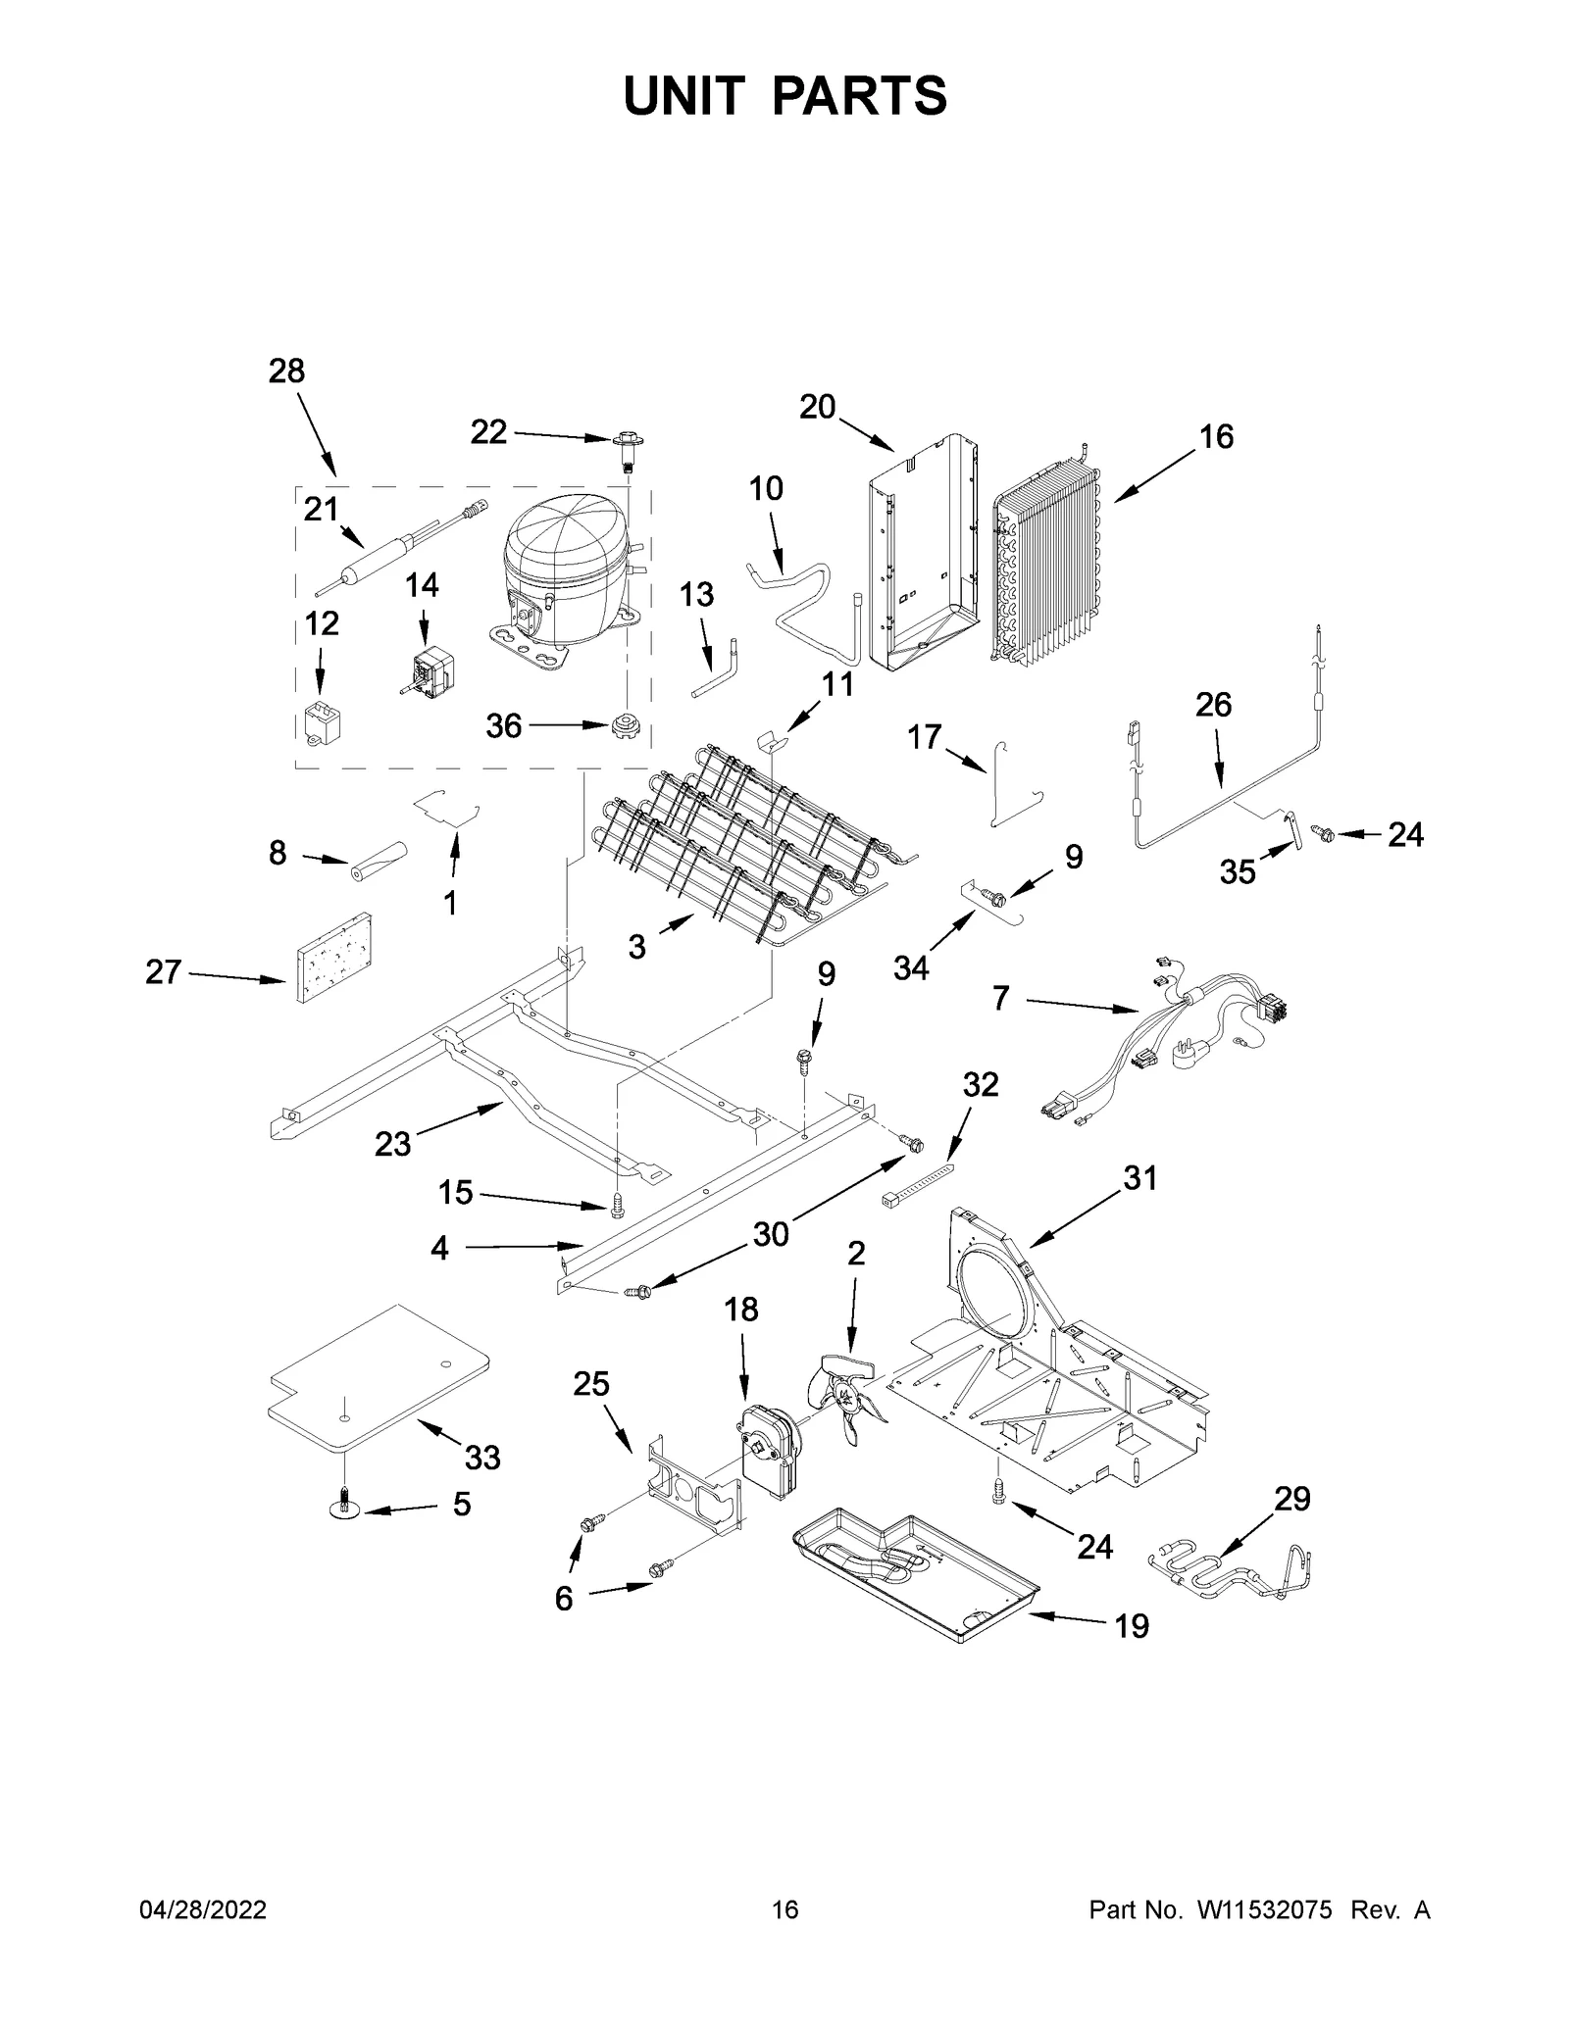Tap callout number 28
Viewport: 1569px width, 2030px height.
tap(286, 371)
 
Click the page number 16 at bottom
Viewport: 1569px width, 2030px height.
tap(784, 1909)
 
